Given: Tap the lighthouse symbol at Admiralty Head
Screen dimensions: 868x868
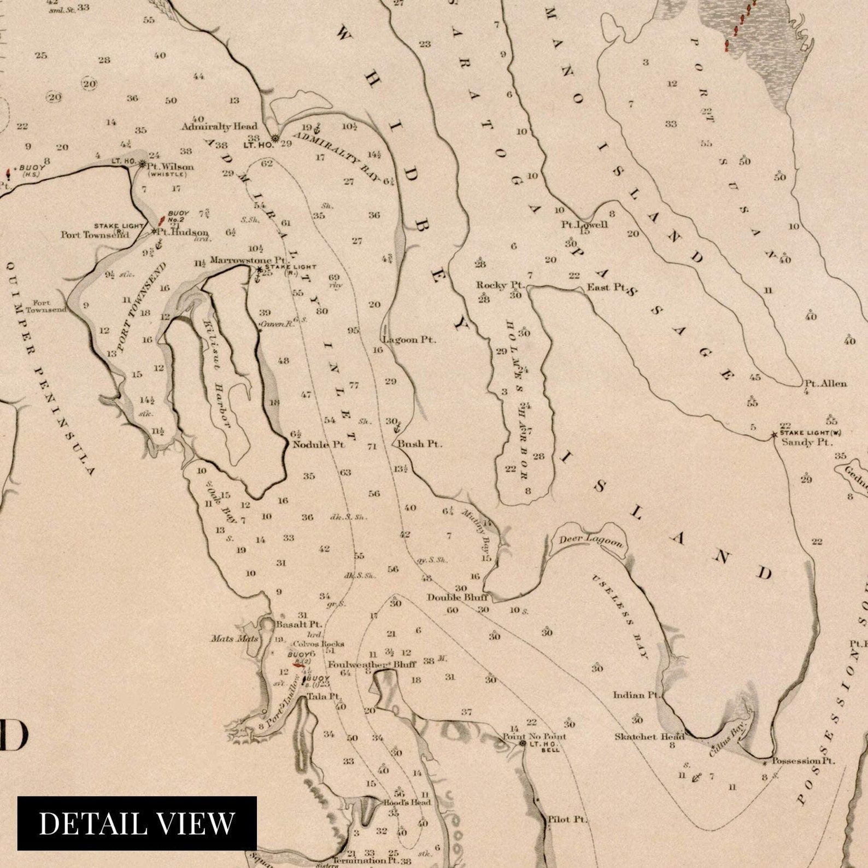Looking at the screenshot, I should pyautogui.click(x=275, y=138).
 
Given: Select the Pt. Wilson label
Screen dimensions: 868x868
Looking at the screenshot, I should pyautogui.click(x=170, y=166).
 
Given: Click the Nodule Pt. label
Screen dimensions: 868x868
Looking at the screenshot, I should pyautogui.click(x=319, y=444).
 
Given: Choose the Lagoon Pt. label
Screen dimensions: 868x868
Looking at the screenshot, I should pyautogui.click(x=409, y=339).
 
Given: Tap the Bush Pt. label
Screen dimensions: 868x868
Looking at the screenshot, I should pyautogui.click(x=420, y=444).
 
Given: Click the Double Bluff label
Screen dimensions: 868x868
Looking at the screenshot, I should pyautogui.click(x=457, y=597).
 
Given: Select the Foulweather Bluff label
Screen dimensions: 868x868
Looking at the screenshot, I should pyautogui.click(x=372, y=665).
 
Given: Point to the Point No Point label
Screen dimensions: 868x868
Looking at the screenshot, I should pyautogui.click(x=534, y=736).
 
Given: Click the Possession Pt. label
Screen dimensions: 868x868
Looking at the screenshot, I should pyautogui.click(x=803, y=760).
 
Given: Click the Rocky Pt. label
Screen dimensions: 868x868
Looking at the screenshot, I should pyautogui.click(x=500, y=285).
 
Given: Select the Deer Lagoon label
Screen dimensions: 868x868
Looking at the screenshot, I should pyautogui.click(x=590, y=540).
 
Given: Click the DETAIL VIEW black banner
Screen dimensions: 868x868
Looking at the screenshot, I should pyautogui.click(x=137, y=823).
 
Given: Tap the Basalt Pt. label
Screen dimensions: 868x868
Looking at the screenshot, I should pyautogui.click(x=299, y=624).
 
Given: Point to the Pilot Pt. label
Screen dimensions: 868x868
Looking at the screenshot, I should pyautogui.click(x=567, y=819).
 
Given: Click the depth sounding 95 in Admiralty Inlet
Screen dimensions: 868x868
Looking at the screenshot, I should pyautogui.click(x=353, y=331).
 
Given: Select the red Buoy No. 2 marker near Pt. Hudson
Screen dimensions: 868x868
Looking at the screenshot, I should pyautogui.click(x=161, y=221).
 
